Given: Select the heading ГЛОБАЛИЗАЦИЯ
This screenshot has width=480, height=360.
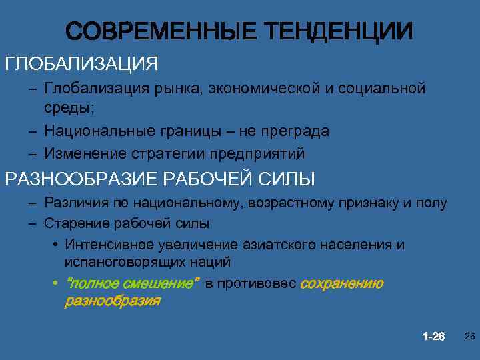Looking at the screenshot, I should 82,64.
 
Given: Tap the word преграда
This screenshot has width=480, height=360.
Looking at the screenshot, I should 292,131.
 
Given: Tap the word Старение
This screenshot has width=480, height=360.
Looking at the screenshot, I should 72,223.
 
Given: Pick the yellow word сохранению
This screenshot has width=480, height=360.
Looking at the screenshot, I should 342,284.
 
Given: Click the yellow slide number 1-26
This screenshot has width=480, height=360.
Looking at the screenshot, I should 433,336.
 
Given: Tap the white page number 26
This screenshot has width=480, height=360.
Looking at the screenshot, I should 469,336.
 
